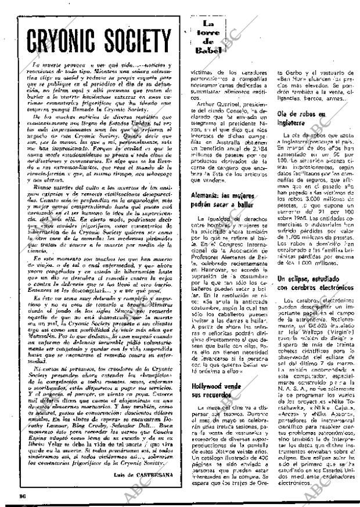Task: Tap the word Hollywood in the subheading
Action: pos(210,386)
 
